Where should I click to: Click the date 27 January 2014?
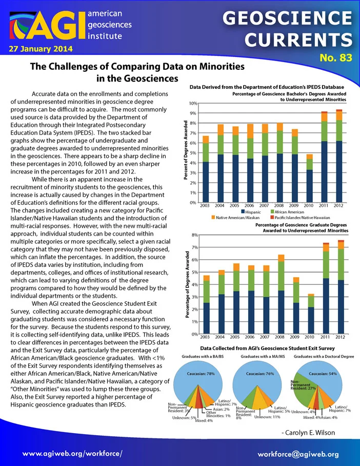pos(41,49)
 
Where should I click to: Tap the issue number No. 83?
pos(336,57)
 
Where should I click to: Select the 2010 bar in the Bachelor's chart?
pos(309,178)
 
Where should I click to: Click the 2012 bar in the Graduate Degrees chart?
pos(341,287)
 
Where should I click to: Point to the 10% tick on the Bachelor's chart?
pos(193,104)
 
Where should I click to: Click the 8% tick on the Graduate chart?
pos(195,235)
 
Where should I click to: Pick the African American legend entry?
pos(287,212)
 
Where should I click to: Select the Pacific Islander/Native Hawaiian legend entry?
pos(300,218)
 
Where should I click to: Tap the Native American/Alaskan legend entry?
pos(235,218)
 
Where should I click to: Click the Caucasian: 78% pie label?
pos(201,374)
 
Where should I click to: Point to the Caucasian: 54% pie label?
pos(323,374)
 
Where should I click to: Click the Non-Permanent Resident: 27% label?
pos(301,385)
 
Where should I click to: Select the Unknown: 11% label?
pos(267,417)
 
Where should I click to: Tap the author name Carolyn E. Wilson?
pos(308,433)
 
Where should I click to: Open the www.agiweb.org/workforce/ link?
pos(72,454)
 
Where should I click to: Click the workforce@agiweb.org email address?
pos(298,454)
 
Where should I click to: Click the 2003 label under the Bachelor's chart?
pos(205,205)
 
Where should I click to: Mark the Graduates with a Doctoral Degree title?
pos(324,356)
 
